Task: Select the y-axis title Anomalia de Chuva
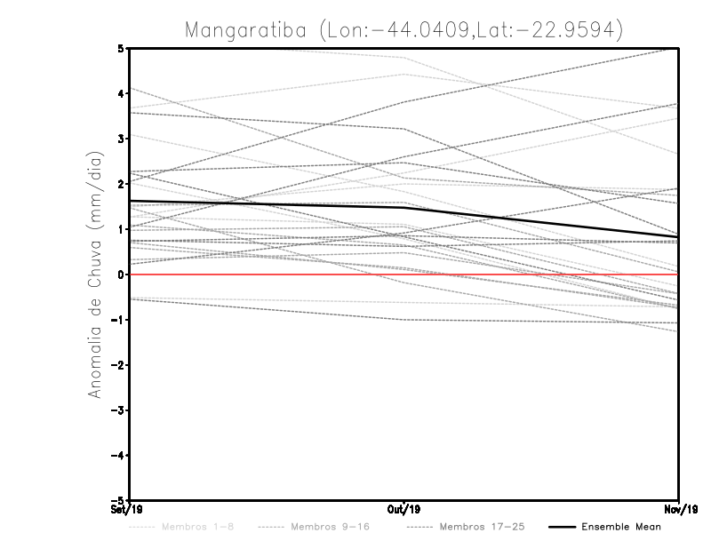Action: point(94,274)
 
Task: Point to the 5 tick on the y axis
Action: point(121,48)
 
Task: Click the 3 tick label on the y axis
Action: point(121,139)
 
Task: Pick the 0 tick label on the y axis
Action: point(121,274)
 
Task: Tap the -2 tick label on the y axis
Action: point(118,365)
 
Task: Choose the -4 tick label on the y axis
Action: point(118,455)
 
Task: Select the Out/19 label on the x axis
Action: point(404,510)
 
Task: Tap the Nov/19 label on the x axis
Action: point(679,510)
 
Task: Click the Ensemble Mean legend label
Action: point(621,527)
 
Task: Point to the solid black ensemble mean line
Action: point(267,205)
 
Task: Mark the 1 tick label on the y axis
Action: point(121,229)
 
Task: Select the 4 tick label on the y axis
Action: point(121,93)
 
